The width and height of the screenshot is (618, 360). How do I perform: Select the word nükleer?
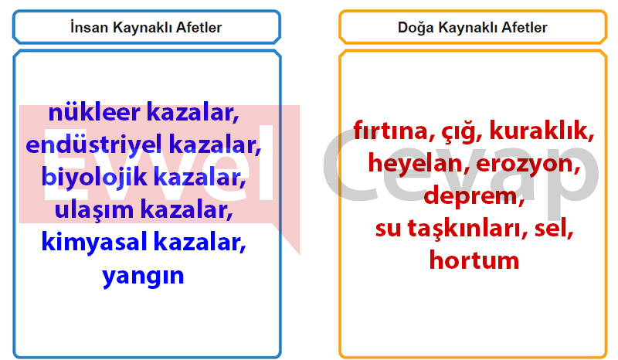coord(94,112)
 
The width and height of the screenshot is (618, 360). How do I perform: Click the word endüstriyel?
coord(94,144)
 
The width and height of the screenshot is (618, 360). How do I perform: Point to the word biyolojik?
coord(94,178)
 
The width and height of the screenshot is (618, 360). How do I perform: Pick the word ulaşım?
coord(94,210)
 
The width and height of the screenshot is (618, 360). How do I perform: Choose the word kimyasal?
coord(94,242)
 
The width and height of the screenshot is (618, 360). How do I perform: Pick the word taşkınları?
coord(467,229)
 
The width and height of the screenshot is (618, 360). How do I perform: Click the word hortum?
coord(474,260)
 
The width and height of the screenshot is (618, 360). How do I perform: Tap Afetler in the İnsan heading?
coord(199,27)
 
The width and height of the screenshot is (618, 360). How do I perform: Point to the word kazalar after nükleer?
coord(192,113)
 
